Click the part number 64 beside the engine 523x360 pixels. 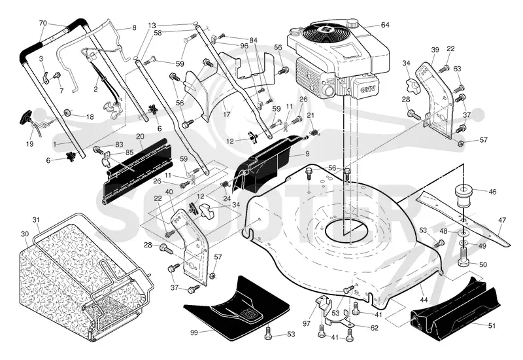pyautogui.click(x=385, y=25)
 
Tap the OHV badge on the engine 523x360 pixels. pyautogui.click(x=366, y=89)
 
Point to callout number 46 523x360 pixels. pyautogui.click(x=492, y=192)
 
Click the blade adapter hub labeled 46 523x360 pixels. pyautogui.click(x=464, y=195)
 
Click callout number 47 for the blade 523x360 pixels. pyautogui.click(x=501, y=221)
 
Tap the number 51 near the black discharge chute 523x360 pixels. pyautogui.click(x=492, y=325)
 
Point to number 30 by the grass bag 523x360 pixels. pyautogui.click(x=25, y=234)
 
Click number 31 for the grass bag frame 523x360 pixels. pyautogui.click(x=36, y=220)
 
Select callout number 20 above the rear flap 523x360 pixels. pyautogui.click(x=140, y=137)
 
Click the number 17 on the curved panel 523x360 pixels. pyautogui.click(x=226, y=115)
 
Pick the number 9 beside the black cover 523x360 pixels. pyautogui.click(x=307, y=154)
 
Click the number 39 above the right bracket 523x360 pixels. pyautogui.click(x=435, y=50)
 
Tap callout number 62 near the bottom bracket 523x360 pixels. pyautogui.click(x=374, y=328)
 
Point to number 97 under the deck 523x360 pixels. pyautogui.click(x=307, y=323)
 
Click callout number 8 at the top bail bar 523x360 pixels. pyautogui.click(x=135, y=28)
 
